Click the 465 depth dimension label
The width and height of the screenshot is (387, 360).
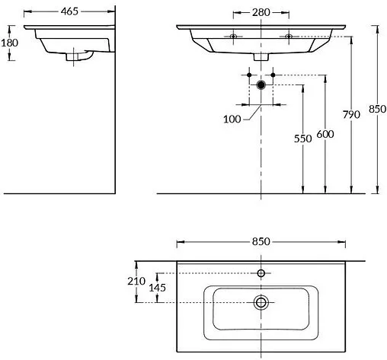[x=69, y=11]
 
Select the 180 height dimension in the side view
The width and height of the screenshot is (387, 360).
[x=10, y=43]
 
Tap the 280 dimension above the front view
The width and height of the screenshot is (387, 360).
[x=261, y=12]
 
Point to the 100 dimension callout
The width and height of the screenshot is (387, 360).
[x=232, y=119]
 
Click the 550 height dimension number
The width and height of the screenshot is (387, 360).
[x=302, y=139]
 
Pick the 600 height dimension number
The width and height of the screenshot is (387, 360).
[x=325, y=134]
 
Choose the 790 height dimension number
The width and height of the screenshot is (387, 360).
[x=351, y=115]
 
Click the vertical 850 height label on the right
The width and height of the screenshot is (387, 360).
[x=377, y=109]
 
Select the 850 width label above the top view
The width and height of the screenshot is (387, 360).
[x=261, y=241]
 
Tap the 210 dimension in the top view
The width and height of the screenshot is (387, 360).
[x=136, y=281]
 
